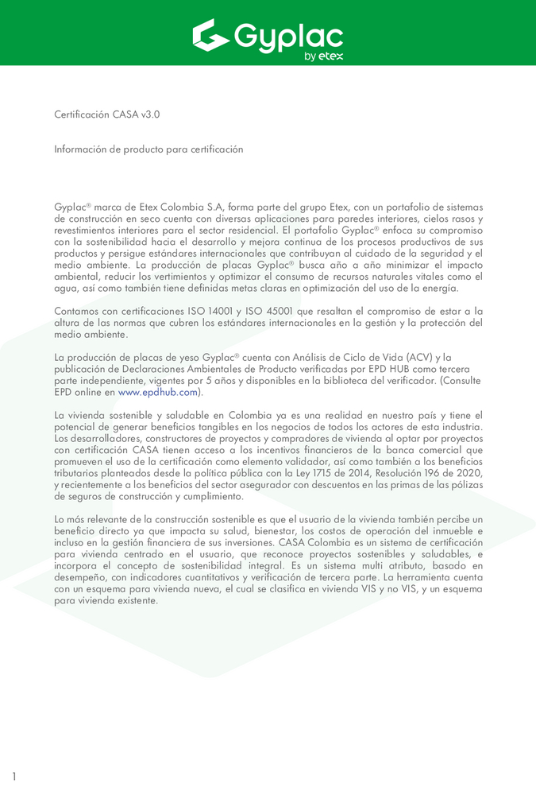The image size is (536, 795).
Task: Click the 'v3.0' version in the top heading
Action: click(150, 114)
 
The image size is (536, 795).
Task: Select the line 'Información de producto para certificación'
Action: click(148, 149)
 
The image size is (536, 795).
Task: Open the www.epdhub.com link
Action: click(157, 393)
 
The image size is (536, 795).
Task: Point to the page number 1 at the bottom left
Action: click(13, 776)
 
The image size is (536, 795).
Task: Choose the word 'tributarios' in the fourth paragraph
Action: click(78, 474)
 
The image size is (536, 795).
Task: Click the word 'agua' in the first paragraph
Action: click(65, 289)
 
